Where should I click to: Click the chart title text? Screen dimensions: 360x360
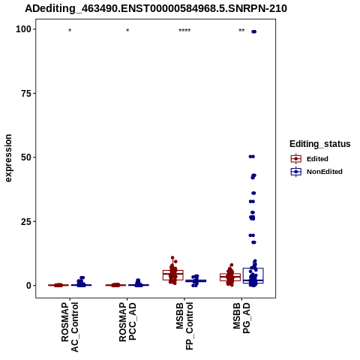[x=156, y=9]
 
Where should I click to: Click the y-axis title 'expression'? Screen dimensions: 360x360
[x=8, y=158]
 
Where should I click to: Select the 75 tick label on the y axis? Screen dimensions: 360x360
[x=26, y=93]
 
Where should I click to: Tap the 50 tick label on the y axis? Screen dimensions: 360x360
[x=26, y=157]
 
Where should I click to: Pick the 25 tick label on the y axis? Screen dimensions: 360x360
[x=26, y=221]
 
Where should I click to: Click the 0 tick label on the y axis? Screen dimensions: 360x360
[x=29, y=285]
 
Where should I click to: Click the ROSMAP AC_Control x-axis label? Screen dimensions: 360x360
[x=70, y=327]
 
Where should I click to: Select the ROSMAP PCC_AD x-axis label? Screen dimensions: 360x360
[x=127, y=322]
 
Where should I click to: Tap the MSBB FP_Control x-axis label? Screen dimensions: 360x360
[x=184, y=326]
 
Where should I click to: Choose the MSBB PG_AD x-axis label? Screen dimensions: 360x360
[x=241, y=318]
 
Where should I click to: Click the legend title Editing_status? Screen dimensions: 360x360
[x=320, y=144]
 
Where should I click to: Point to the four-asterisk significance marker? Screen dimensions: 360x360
[x=184, y=31]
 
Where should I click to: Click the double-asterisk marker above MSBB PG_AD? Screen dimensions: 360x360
[x=241, y=31]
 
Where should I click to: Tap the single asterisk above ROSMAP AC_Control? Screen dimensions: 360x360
[x=70, y=31]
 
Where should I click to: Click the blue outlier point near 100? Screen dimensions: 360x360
[x=253, y=31]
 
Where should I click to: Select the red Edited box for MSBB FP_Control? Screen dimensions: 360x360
[x=173, y=275]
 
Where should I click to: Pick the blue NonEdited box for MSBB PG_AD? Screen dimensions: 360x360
[x=253, y=275]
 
